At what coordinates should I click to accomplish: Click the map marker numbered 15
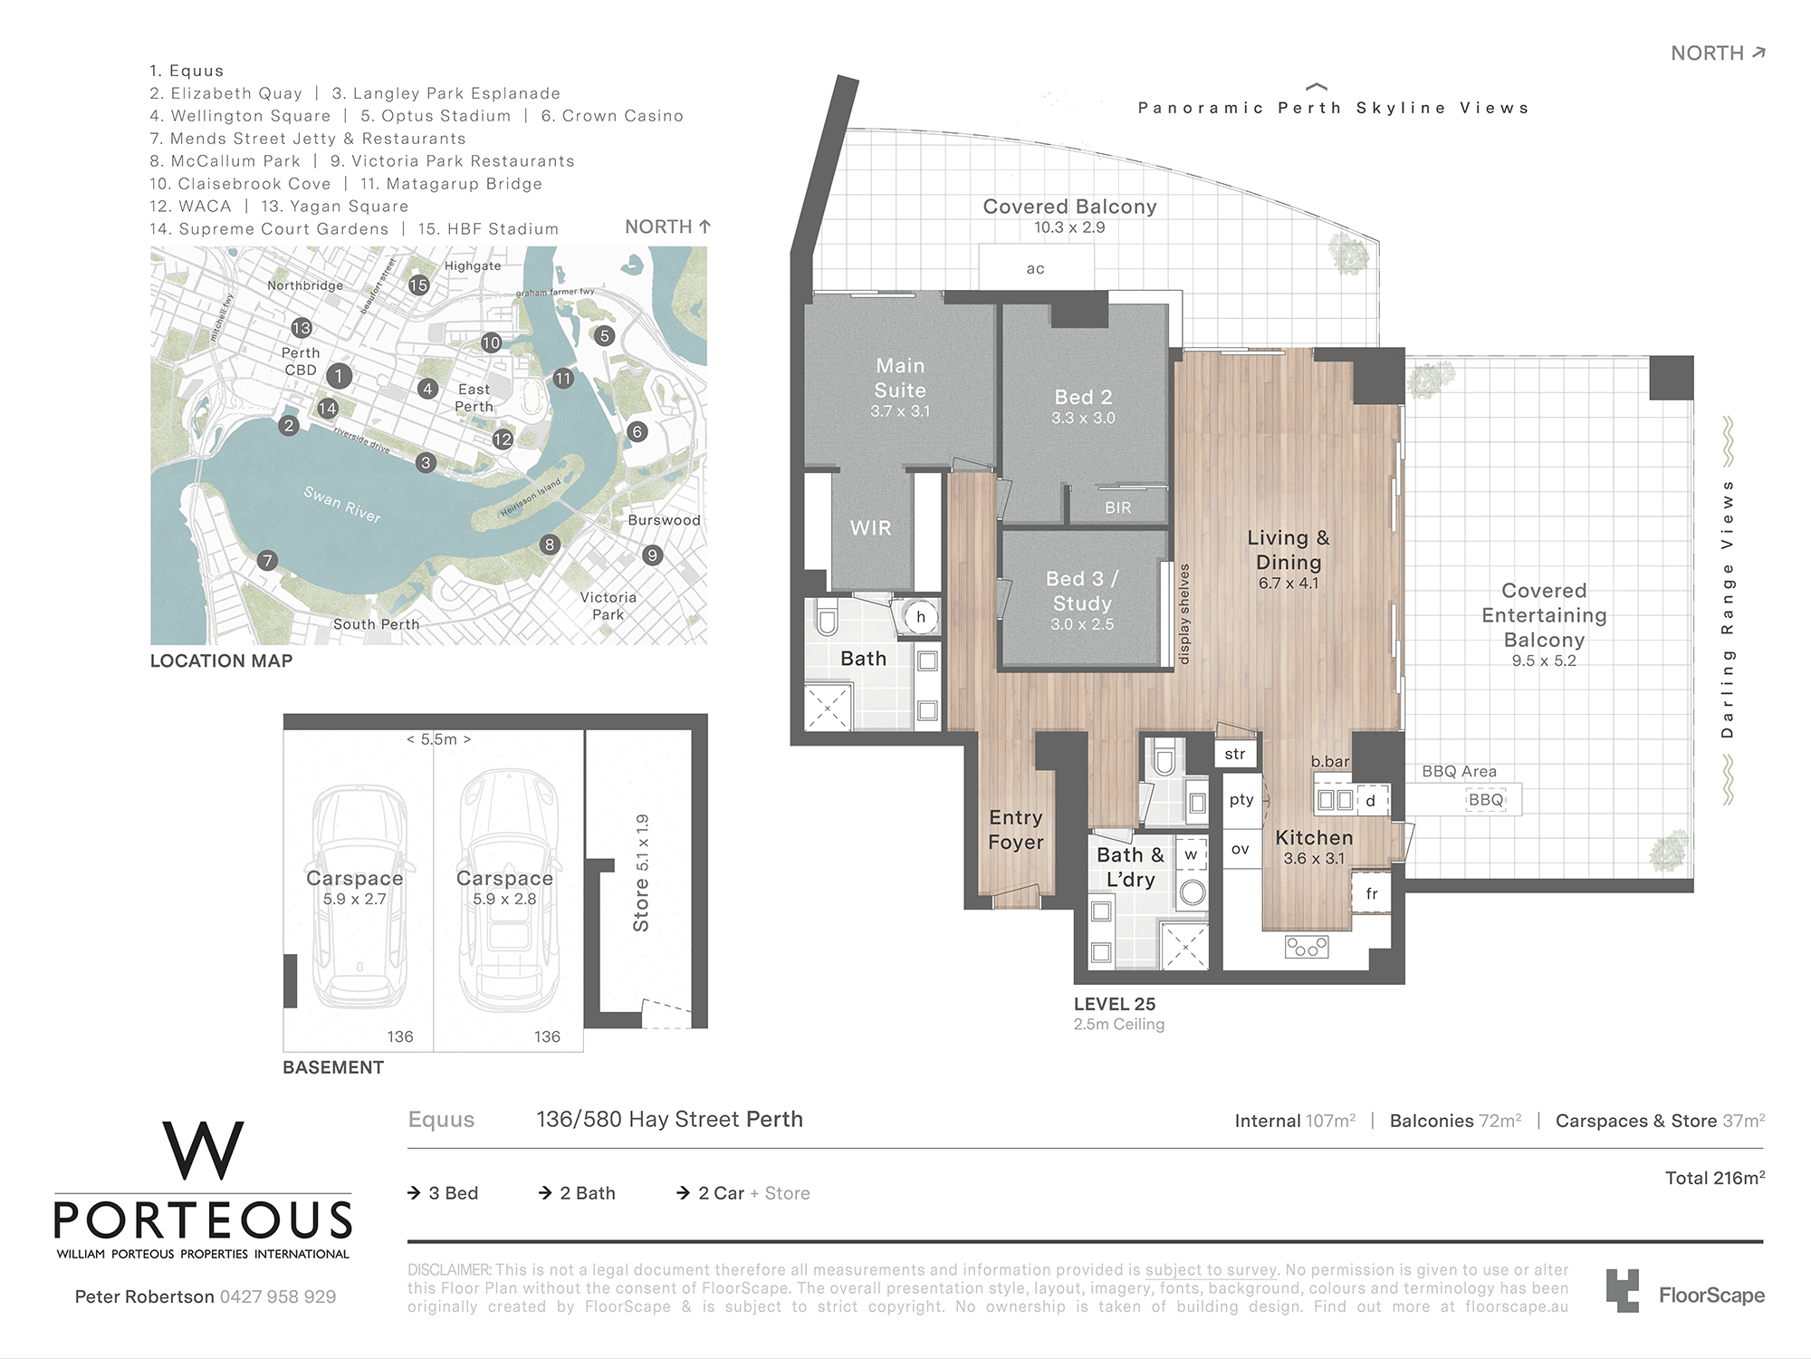(418, 285)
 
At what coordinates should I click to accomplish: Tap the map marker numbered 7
(266, 561)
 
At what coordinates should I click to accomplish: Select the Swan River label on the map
(342, 505)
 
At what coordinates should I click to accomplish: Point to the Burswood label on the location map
(664, 520)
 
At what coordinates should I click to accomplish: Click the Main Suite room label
(900, 378)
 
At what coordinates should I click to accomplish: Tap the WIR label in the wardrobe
(870, 528)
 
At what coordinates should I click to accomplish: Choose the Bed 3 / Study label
(1082, 591)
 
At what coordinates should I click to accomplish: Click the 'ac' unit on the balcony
(1036, 268)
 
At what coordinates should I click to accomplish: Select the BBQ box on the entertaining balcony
(1486, 800)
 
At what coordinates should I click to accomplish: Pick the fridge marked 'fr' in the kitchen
(1371, 893)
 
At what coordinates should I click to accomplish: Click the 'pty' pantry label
(1241, 799)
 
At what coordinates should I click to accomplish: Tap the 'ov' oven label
(1241, 849)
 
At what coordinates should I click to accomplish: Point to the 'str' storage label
(1235, 754)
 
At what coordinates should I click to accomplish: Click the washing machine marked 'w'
(1192, 854)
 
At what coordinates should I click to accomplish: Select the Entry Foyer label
(1016, 830)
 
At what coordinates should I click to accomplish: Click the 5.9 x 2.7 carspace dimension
(355, 900)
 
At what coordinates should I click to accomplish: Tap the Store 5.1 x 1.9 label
(641, 872)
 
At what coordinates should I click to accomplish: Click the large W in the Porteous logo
(203, 1151)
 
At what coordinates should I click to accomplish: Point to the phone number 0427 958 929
(278, 1296)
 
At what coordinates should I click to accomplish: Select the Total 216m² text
(1715, 1178)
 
